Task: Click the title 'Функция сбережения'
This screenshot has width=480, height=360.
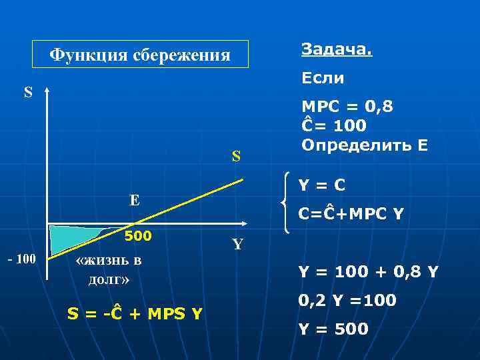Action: coord(141,55)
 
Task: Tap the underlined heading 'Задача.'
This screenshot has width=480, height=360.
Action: coord(337,49)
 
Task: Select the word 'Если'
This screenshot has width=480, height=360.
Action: coord(323,79)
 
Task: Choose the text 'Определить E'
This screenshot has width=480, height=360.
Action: coord(365,145)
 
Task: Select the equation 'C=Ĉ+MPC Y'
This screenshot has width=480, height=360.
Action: coord(351,214)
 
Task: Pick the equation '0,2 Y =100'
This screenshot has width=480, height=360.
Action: coord(347,301)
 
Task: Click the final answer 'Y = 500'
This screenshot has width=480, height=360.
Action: coord(333,329)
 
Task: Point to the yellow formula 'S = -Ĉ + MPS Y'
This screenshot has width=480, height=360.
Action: coord(135,313)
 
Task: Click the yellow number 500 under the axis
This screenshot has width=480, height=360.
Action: coord(139,236)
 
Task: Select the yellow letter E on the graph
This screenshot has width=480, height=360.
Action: coord(134,199)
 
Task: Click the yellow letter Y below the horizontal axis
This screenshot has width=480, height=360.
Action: coord(237,245)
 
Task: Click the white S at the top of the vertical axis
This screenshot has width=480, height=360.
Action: coord(28,92)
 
